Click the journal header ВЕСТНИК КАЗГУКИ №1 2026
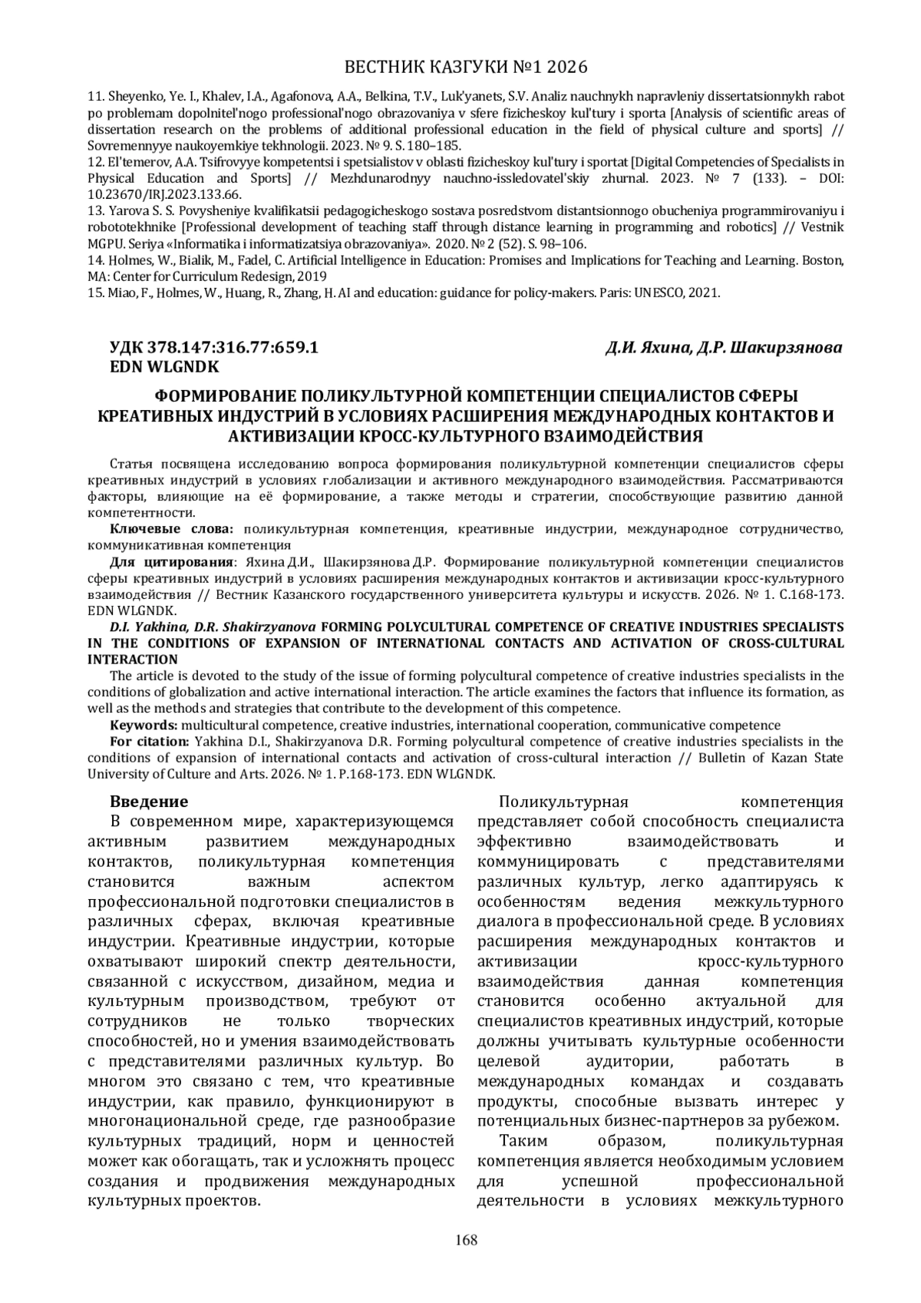click(460, 68)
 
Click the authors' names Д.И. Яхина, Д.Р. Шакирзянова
click(723, 348)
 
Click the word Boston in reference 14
click(823, 260)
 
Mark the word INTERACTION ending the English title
click(133, 660)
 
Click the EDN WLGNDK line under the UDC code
click(165, 366)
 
